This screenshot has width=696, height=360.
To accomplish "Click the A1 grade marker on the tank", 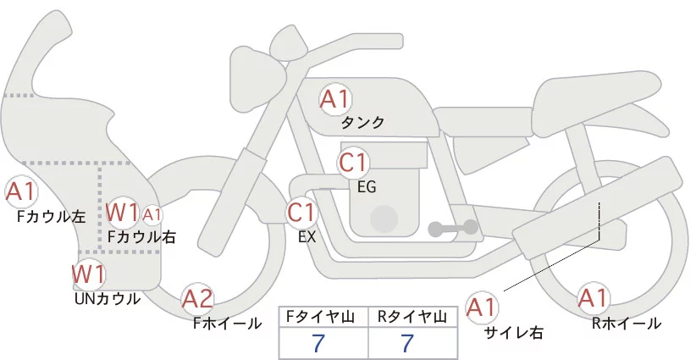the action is click(335, 100).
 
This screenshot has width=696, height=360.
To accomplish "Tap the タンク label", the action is click(362, 123).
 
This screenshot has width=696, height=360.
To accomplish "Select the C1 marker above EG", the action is click(353, 163).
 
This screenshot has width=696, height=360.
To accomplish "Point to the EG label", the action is click(367, 187).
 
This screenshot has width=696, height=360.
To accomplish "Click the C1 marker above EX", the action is click(301, 213).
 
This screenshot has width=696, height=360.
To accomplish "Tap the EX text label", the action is click(307, 237).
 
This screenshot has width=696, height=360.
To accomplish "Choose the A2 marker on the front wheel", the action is click(197, 299).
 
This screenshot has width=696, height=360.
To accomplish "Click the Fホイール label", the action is click(227, 324).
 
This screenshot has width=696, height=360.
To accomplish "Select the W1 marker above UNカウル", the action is click(89, 274).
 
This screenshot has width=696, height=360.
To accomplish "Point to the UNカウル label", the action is click(108, 299).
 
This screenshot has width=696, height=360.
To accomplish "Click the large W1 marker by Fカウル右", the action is click(123, 213).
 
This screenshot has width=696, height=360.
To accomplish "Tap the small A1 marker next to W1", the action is click(152, 215).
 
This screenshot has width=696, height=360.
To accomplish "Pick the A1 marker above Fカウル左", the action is click(21, 191).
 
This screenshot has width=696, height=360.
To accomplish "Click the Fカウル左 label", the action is click(51, 217).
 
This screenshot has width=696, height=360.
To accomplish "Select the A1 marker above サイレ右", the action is click(482, 307).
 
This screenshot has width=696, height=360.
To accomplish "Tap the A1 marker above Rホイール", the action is click(593, 298).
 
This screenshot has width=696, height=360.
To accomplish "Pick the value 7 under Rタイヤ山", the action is click(406, 343).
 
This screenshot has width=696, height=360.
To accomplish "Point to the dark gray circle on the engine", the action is click(384, 219).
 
